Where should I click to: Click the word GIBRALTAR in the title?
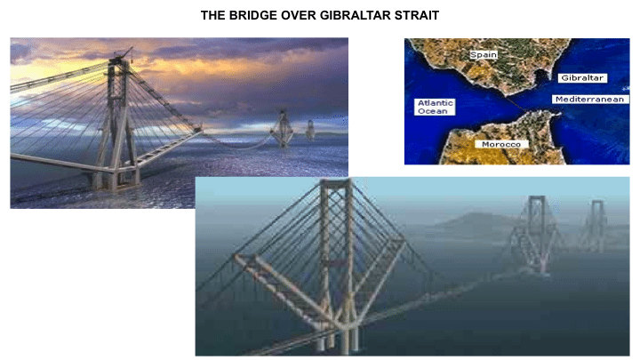(x=356, y=15)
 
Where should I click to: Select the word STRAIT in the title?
(x=416, y=15)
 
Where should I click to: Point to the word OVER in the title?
(x=299, y=15)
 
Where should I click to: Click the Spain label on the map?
(x=484, y=55)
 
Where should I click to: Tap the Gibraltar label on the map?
(x=582, y=78)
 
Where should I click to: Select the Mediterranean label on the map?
(x=590, y=100)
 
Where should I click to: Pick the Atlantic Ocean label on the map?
(x=435, y=107)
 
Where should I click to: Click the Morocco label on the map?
(x=501, y=144)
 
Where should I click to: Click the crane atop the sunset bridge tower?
(x=124, y=53)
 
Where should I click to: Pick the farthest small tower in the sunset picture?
(x=310, y=130)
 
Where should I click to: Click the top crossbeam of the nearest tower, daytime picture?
(x=336, y=182)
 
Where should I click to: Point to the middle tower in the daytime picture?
(x=535, y=236)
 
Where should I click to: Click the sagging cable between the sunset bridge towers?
(x=239, y=144)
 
